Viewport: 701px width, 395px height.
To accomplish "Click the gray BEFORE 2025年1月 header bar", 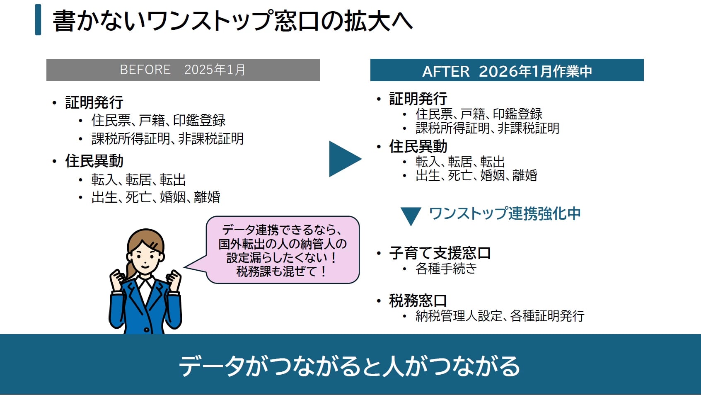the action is tap(183, 70).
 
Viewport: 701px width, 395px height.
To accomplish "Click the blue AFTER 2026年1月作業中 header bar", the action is tap(507, 70).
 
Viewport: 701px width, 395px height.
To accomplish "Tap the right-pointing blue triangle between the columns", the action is tap(344, 159).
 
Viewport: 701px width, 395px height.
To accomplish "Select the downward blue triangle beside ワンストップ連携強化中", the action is tap(411, 216).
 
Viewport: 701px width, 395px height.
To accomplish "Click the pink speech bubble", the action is tap(282, 250).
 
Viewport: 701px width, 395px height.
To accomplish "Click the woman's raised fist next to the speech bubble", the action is tap(174, 279).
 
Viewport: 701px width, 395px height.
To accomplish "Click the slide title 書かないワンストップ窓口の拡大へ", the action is tap(232, 21).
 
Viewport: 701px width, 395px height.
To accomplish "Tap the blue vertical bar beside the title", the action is tap(38, 19).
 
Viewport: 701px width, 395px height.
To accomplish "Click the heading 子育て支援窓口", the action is tap(440, 253).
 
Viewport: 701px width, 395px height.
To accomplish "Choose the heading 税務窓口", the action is tap(418, 300).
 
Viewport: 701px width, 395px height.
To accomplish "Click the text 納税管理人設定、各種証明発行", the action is tap(500, 316).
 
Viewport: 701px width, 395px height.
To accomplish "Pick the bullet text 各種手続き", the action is tap(446, 269).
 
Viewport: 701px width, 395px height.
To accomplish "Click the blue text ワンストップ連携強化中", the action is tap(505, 214).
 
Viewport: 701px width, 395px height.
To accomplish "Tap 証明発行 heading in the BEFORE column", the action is tap(94, 102).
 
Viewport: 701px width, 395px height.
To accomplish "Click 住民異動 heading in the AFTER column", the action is tap(418, 146).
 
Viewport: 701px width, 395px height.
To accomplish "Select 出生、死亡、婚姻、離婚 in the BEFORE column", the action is tap(156, 197).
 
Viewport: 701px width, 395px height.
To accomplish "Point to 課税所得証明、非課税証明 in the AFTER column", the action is tap(487, 128).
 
